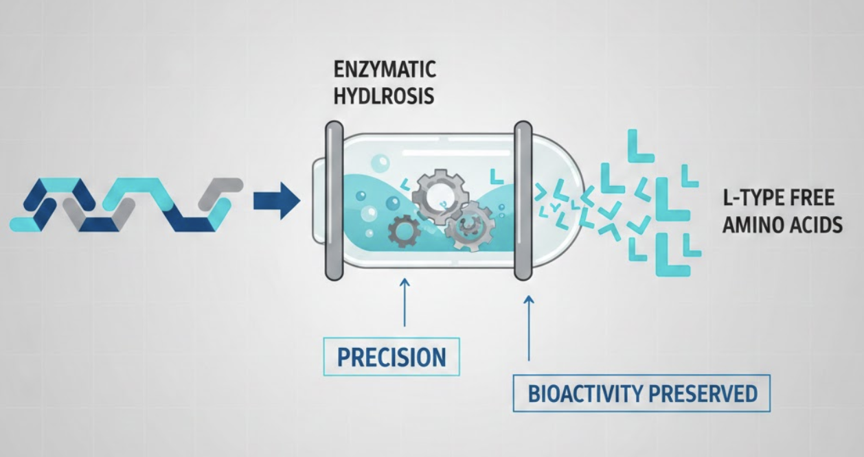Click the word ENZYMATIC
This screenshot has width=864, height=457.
pos(385,70)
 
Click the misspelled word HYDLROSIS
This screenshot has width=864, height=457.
pos(384,95)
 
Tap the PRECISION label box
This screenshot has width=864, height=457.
pos(391,356)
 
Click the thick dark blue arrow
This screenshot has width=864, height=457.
pos(277,201)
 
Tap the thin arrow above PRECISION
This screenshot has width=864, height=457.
pos(405,303)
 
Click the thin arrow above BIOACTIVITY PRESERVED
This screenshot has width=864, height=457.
pos(529,328)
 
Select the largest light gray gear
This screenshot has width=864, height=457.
pos(440,196)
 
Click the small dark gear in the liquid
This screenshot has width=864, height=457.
pos(404,231)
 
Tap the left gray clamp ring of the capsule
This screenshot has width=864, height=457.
pos(334,200)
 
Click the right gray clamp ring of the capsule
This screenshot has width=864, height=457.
pos(523,200)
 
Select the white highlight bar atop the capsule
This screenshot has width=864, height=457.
pos(457,153)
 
